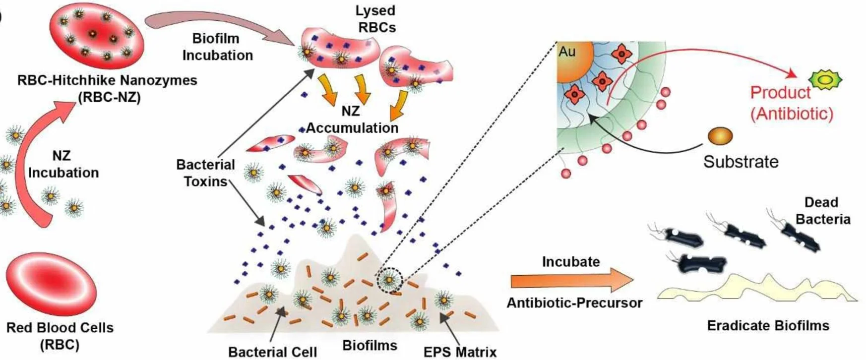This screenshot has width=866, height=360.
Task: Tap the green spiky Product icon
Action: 825,79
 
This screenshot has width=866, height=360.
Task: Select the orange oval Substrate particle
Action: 720,136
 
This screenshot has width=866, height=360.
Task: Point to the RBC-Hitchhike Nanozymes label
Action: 107,88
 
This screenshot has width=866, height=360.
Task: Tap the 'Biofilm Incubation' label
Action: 217,47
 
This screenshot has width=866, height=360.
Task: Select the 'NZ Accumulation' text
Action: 352,120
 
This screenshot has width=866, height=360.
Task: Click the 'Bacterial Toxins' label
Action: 205,173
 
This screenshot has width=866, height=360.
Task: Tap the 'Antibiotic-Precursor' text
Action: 574,302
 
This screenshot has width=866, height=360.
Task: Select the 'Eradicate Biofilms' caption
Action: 768,325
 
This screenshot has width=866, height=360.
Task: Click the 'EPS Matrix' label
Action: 460,352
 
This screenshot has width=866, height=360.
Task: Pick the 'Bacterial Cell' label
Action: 272,352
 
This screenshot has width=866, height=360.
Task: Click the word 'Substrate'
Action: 741,162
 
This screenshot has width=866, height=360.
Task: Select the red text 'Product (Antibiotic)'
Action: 792,103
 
